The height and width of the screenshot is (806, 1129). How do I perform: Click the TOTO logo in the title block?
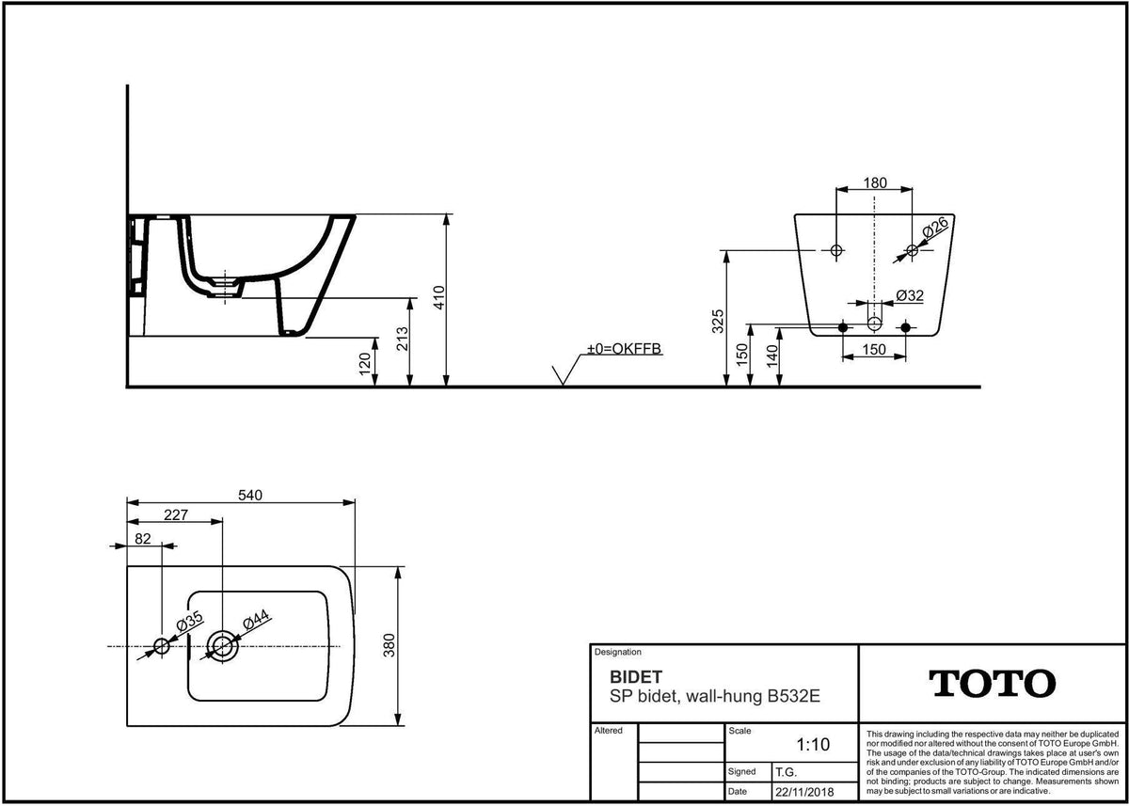(992, 684)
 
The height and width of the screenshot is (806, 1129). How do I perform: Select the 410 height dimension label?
(439, 298)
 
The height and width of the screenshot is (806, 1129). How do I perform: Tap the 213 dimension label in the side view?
(403, 339)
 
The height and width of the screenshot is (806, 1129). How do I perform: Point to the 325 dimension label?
(718, 322)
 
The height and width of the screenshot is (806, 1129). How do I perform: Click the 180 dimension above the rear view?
(875, 182)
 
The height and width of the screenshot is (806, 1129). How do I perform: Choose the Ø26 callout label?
(935, 228)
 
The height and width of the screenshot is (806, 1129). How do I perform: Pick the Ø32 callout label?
(910, 295)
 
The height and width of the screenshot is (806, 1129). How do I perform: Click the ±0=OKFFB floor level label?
(624, 349)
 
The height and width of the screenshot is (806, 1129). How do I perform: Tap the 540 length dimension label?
(250, 496)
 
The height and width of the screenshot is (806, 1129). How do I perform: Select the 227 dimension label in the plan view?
(176, 514)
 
